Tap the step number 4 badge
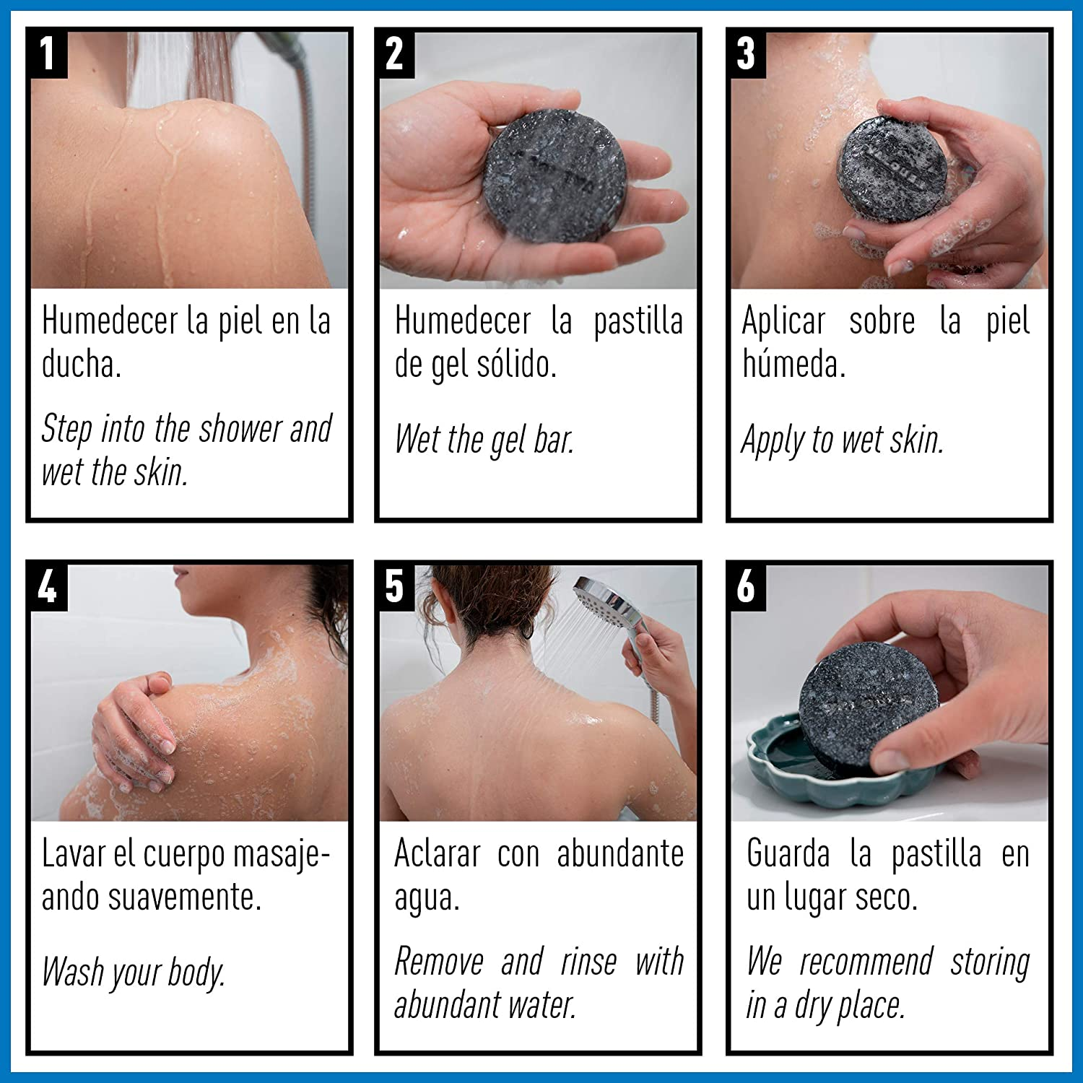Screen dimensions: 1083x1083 pos(48,586)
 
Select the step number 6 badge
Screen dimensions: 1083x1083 pos(746,586)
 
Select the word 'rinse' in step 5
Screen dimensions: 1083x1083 pos(588,962)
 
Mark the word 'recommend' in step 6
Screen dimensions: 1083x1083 pos(866,962)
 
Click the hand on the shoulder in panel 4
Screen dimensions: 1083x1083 pos(134,729)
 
